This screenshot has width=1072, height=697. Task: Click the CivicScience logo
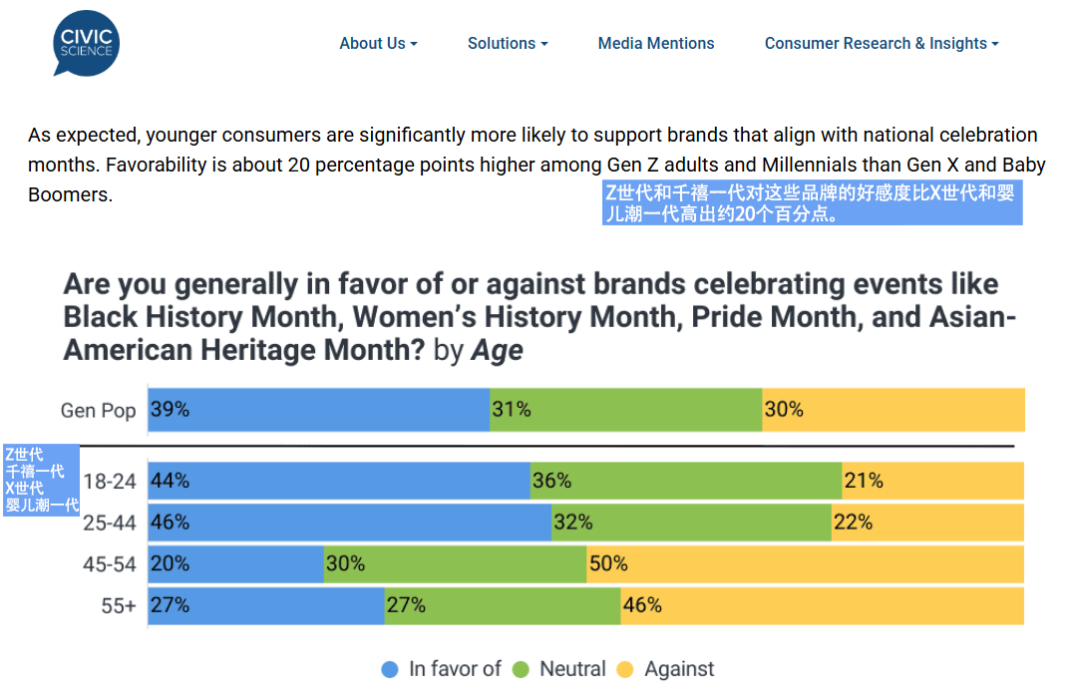[86, 44]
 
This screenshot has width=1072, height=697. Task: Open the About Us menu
[377, 44]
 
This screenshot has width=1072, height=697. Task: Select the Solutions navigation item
[507, 44]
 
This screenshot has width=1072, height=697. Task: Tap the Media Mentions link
[656, 44]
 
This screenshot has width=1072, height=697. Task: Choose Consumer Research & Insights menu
[881, 44]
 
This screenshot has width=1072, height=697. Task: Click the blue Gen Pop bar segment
[319, 410]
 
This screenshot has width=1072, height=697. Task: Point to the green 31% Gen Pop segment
[626, 410]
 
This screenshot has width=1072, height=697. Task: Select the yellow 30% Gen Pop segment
[893, 410]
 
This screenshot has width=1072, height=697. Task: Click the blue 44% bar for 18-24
[339, 481]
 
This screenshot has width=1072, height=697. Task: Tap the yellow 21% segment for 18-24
[932, 481]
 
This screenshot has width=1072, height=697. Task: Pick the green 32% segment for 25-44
[691, 523]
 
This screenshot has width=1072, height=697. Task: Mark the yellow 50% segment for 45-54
[805, 564]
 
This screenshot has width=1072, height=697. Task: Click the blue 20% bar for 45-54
[236, 564]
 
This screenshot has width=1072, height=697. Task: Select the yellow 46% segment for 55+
[822, 605]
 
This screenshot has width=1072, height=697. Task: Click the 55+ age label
[118, 605]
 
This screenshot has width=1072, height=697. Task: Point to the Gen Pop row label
[98, 411]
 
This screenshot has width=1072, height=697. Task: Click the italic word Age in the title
[497, 351]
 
